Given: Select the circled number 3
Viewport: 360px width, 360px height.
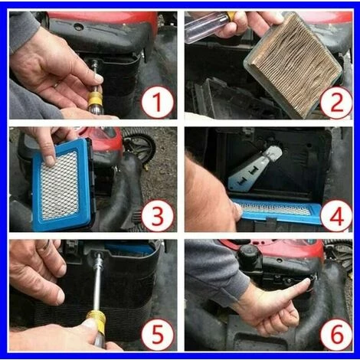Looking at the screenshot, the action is pos(158,215).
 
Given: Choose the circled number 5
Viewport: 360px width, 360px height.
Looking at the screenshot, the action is pos(158,334).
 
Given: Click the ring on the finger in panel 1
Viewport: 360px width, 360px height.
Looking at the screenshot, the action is pos(56,84).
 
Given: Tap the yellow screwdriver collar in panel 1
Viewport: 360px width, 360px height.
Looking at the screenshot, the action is pos(95,99).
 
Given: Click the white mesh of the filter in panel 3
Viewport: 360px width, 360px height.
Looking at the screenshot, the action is pos(60,185).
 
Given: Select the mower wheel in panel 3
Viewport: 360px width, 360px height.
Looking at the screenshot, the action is pos(139,146).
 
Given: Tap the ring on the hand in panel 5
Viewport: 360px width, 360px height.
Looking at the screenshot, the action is pos(47,245).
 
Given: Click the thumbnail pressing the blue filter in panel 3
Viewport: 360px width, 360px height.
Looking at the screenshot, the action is pos(50,162).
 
